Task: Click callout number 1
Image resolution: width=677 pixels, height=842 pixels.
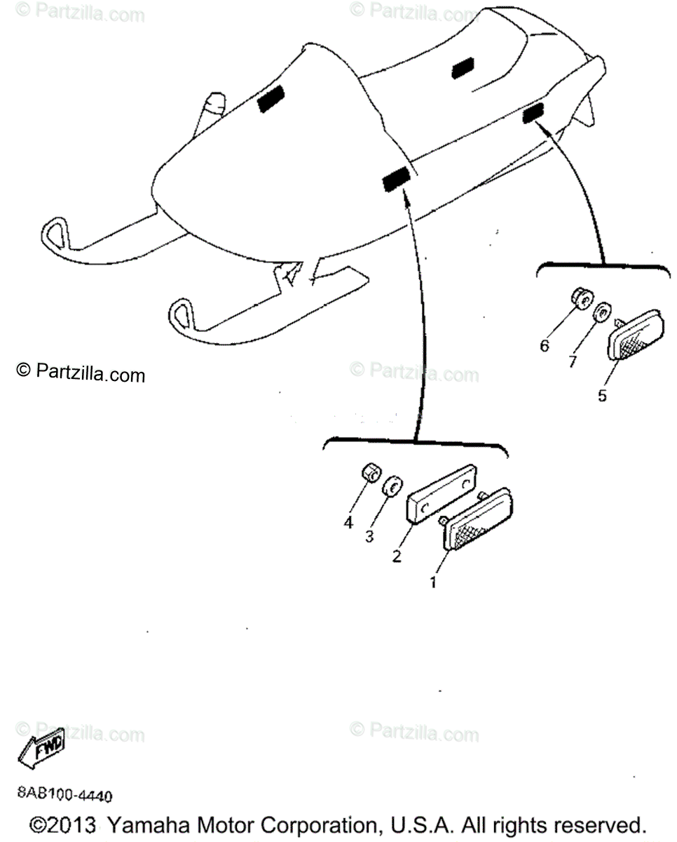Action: point(433,582)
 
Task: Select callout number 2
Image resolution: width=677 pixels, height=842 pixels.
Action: point(397,556)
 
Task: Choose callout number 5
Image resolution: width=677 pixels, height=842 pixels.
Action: point(602,395)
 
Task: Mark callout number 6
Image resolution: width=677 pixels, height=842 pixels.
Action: point(545,346)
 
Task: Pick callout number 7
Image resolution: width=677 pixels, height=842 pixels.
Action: point(572,361)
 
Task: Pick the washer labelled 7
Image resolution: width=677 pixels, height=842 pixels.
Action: point(601,312)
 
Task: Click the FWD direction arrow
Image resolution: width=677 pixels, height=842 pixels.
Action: point(41,747)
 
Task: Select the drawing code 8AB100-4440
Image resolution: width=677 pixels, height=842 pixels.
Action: point(64,796)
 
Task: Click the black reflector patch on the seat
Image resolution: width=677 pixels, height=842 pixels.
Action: point(463,67)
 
